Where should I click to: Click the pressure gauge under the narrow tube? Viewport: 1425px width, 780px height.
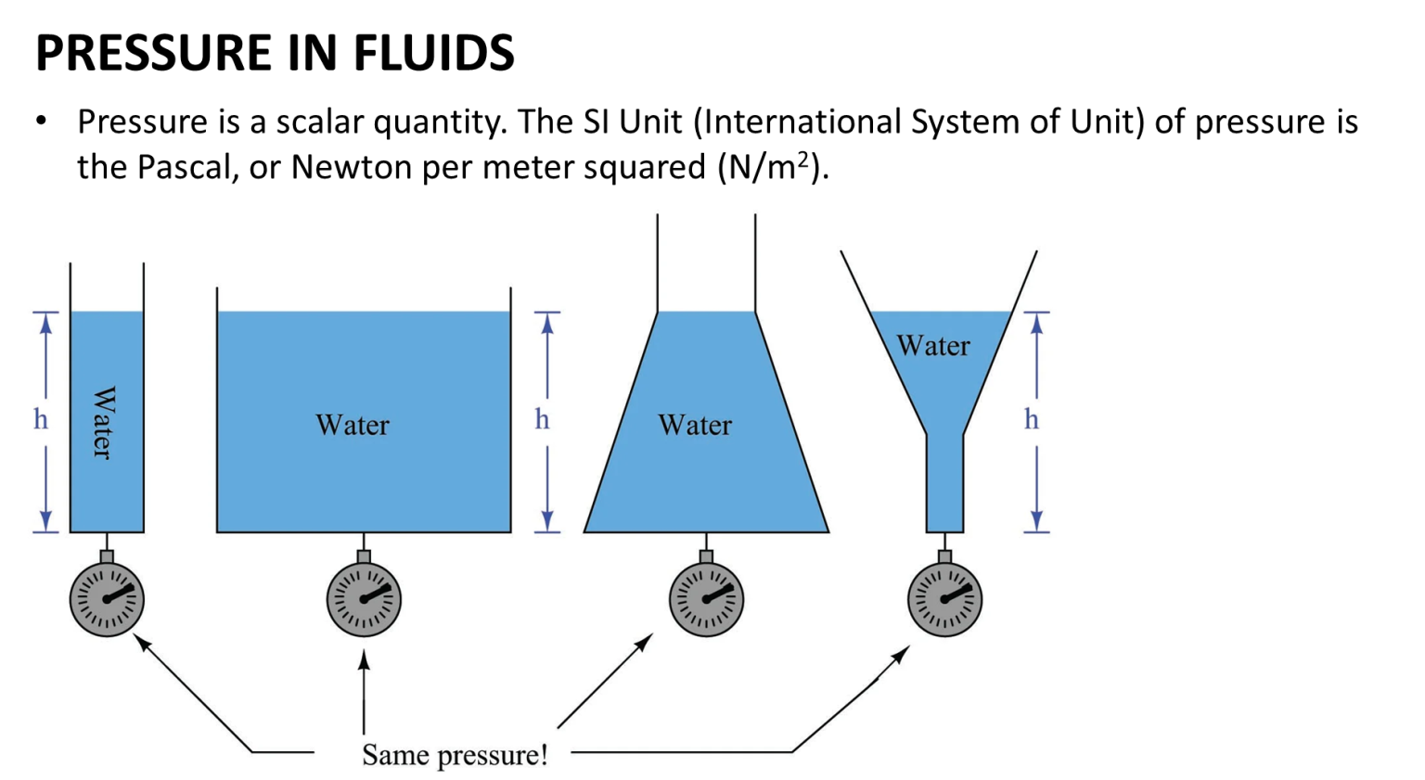coord(107,599)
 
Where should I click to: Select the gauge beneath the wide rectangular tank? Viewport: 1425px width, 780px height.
coord(364,599)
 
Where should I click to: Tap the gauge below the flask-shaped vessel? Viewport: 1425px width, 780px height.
coord(706,599)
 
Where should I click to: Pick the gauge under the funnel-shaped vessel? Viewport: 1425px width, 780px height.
coord(944,599)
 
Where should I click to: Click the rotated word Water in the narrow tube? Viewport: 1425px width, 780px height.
coord(104,423)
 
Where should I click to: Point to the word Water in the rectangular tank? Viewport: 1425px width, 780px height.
coord(353,425)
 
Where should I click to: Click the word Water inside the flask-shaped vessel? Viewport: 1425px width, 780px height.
coord(695,425)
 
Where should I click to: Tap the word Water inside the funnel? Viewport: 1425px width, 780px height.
coord(933,346)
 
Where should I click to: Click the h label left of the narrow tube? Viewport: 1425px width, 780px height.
coord(41,420)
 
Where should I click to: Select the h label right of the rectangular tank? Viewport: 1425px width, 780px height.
coord(543,420)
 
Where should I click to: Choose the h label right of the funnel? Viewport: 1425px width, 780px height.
coord(1032,420)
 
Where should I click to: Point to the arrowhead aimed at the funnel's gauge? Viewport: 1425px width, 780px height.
coord(902,653)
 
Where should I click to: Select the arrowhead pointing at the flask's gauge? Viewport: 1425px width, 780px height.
coord(647,640)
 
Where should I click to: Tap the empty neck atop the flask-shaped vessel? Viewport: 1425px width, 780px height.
coord(706,264)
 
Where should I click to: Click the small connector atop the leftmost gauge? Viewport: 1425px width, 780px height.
coord(107,556)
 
